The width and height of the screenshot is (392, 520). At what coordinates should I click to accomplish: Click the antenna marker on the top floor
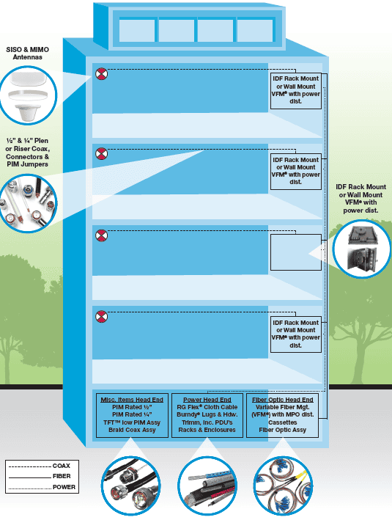pyautogui.click(x=101, y=73)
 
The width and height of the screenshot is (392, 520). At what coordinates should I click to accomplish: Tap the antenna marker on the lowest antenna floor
pyautogui.click(x=101, y=316)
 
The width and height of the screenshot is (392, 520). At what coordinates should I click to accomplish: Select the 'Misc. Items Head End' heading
pyautogui.click(x=132, y=400)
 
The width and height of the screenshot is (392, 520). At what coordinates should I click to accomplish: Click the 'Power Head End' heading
pyautogui.click(x=207, y=400)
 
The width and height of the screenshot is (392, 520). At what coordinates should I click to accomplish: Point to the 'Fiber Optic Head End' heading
pyautogui.click(x=282, y=400)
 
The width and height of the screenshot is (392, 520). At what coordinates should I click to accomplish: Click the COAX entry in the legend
pyautogui.click(x=62, y=466)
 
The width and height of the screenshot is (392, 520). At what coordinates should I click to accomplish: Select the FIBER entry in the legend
pyautogui.click(x=62, y=476)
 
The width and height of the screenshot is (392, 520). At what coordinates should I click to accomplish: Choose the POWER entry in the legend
pyautogui.click(x=64, y=487)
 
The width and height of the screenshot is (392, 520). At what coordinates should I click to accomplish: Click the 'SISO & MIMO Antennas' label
pyautogui.click(x=28, y=53)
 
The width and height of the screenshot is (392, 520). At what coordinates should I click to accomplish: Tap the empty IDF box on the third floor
pyautogui.click(x=296, y=252)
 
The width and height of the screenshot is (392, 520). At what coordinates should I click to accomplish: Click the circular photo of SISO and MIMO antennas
pyautogui.click(x=28, y=95)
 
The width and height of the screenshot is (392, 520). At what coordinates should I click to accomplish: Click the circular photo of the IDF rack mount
pyautogui.click(x=362, y=249)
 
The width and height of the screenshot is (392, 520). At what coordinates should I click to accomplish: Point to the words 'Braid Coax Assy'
pyautogui.click(x=132, y=430)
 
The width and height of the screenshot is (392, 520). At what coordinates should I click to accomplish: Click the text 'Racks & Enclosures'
pyautogui.click(x=207, y=430)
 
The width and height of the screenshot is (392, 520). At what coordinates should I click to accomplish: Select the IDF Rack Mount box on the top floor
pyautogui.click(x=296, y=91)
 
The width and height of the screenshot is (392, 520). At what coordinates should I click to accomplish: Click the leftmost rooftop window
pyautogui.click(x=137, y=31)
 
